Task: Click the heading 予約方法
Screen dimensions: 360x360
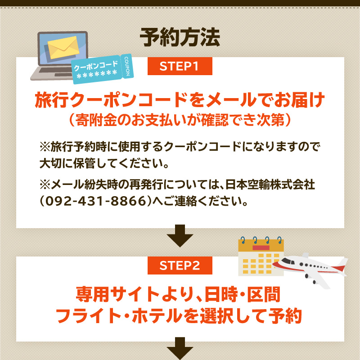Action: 180,37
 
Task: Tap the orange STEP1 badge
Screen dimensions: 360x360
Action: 180,66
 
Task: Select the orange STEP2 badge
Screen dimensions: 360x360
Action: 180,265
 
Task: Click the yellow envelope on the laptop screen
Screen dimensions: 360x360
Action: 63,47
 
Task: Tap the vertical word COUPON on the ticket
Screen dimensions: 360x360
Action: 127,66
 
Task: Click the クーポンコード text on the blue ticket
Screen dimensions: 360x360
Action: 96,65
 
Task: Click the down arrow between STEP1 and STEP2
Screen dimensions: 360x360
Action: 180,236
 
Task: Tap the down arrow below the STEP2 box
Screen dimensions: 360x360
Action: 180,348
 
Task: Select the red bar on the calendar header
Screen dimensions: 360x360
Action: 261,248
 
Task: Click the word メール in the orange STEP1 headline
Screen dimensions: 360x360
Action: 231,100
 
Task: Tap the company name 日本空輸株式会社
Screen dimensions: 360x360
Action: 270,184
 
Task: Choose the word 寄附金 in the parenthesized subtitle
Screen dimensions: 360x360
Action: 96,120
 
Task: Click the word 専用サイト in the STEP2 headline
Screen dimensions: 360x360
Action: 117,294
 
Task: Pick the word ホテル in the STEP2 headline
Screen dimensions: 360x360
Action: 157,316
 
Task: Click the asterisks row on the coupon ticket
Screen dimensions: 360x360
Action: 97,74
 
